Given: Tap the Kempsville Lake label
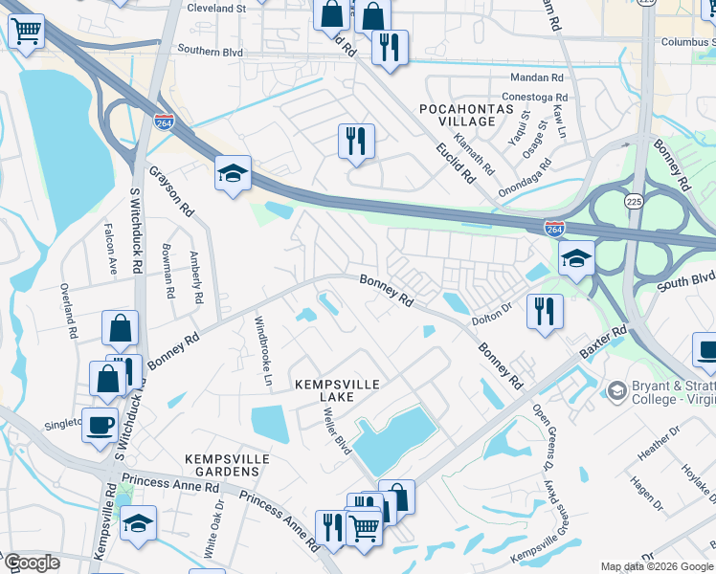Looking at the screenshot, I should tap(337, 390).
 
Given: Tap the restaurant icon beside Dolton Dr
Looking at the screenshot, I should tap(545, 310).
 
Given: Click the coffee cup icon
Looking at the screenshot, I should tap(100, 425).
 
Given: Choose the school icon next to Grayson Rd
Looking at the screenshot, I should tap(233, 174).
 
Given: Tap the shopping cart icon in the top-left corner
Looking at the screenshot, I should tap(26, 31).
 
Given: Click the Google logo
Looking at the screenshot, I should tap(33, 563).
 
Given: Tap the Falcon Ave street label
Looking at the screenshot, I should tap(110, 250).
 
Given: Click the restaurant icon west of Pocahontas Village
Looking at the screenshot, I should tap(356, 142).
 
